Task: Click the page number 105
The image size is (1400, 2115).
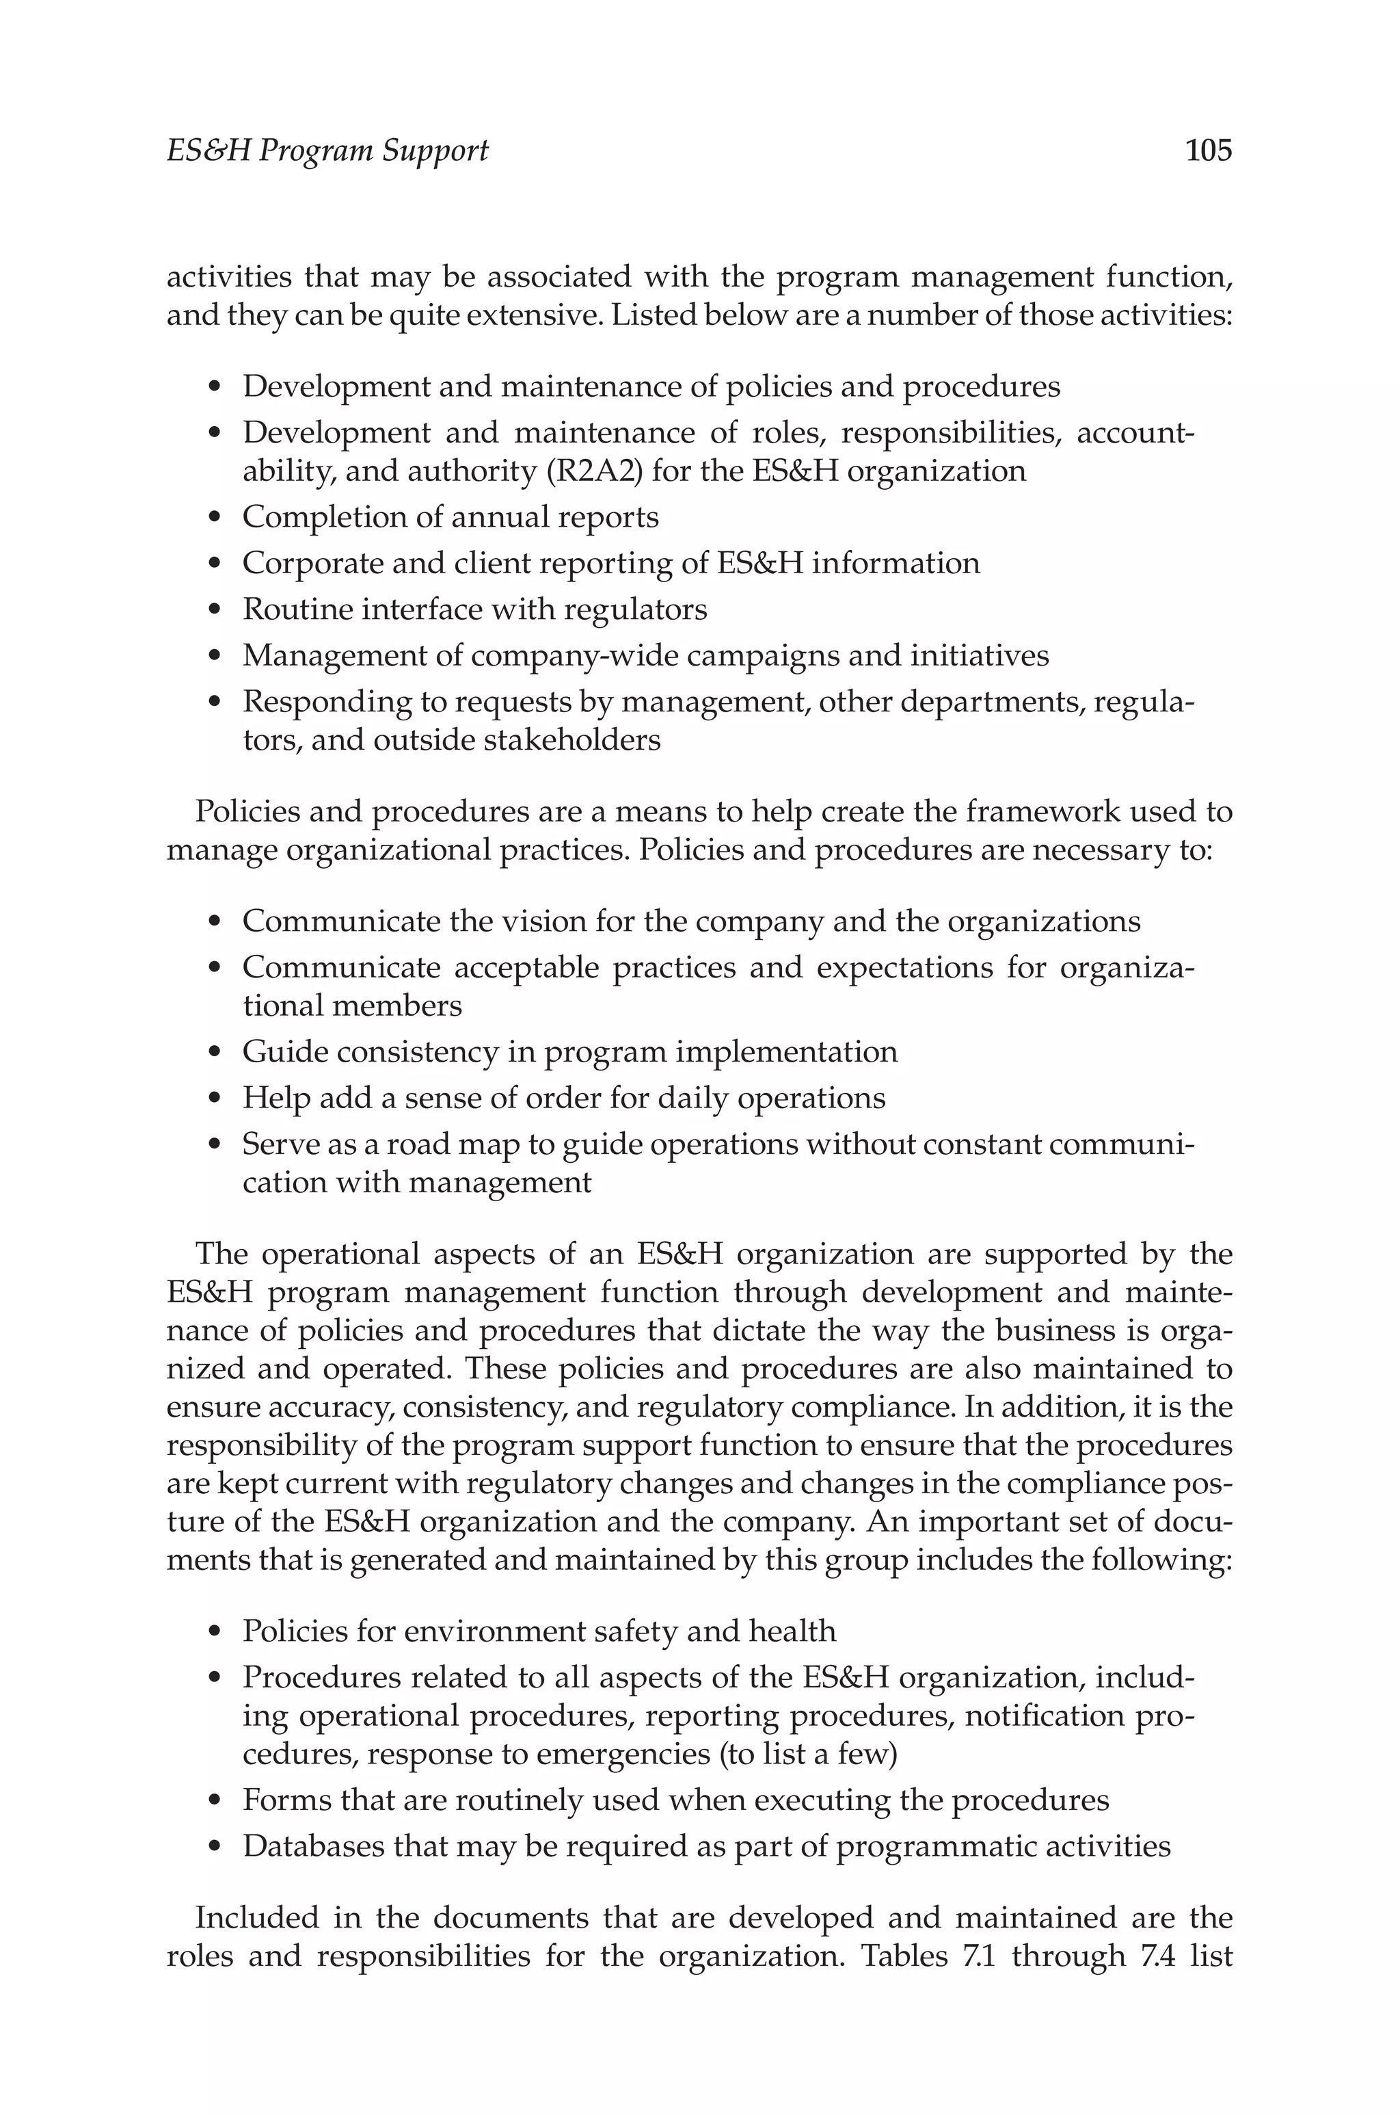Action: (1208, 150)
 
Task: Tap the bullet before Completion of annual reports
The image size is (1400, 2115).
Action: (213, 518)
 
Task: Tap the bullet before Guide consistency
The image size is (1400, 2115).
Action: (213, 1053)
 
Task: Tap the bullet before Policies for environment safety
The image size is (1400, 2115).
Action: (213, 1633)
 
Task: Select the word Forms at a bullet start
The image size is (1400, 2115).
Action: (288, 1800)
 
